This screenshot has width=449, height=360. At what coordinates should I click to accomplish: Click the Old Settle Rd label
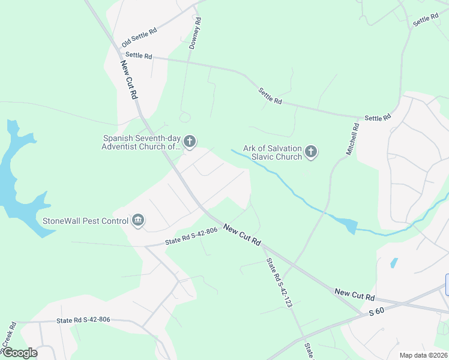pyautogui.click(x=139, y=36)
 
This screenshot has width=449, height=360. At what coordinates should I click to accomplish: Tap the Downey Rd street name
pyautogui.click(x=195, y=33)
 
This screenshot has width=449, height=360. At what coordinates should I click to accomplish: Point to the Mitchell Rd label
pyautogui.click(x=352, y=139)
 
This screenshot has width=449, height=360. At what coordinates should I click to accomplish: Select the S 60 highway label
pyautogui.click(x=376, y=311)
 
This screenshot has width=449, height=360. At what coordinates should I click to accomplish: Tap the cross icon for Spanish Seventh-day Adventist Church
pyautogui.click(x=190, y=142)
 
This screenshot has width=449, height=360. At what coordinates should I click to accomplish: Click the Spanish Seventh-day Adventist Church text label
pyautogui.click(x=140, y=142)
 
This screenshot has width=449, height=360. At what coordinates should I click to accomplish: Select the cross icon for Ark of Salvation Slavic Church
pyautogui.click(x=311, y=152)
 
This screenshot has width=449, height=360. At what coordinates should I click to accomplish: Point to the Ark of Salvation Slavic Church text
pyautogui.click(x=272, y=152)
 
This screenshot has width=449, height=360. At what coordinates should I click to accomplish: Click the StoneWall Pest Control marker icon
pyautogui.click(x=139, y=221)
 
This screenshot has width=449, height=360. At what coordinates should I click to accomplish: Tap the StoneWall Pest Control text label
pyautogui.click(x=85, y=221)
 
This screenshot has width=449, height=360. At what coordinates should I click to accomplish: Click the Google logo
pyautogui.click(x=19, y=353)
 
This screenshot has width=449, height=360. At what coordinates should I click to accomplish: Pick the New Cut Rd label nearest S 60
pyautogui.click(x=355, y=295)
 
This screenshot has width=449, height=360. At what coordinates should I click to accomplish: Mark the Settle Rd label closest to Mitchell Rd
pyautogui.click(x=378, y=118)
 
